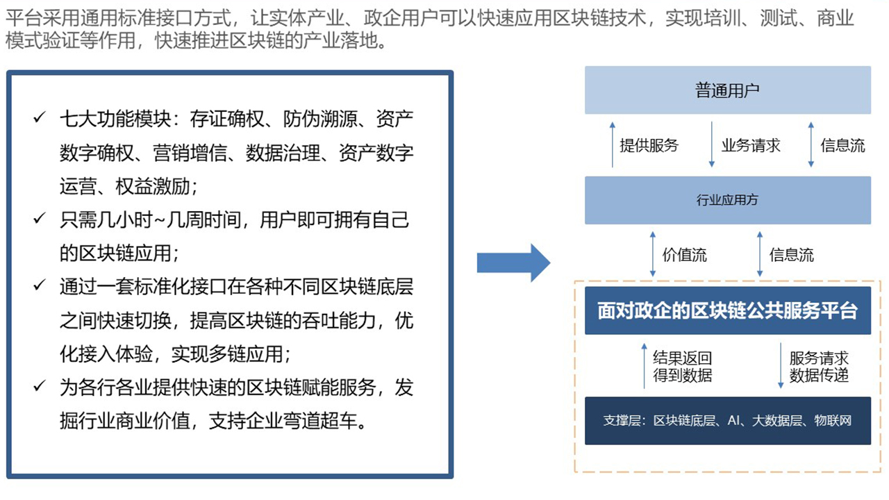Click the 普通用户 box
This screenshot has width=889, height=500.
(727, 90)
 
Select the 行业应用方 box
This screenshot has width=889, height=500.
(727, 200)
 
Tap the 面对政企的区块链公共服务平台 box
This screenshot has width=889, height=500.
(727, 310)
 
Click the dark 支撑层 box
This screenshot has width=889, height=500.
(727, 421)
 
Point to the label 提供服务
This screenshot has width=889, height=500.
(649, 145)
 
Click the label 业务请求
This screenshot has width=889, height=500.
(751, 145)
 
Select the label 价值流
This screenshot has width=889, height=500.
(684, 255)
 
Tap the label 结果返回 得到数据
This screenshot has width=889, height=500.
(682, 367)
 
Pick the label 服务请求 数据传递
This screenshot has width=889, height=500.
(819, 367)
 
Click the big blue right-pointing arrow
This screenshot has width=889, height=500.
(513, 262)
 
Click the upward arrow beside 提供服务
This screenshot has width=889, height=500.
(612, 145)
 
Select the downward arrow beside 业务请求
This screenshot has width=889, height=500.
(712, 145)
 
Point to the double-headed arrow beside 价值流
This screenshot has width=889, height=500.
(653, 255)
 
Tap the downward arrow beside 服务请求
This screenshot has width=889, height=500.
(781, 365)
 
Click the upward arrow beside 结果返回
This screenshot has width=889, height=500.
(645, 365)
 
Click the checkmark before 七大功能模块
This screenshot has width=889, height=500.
(39, 118)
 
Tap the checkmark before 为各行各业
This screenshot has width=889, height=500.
(39, 387)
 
